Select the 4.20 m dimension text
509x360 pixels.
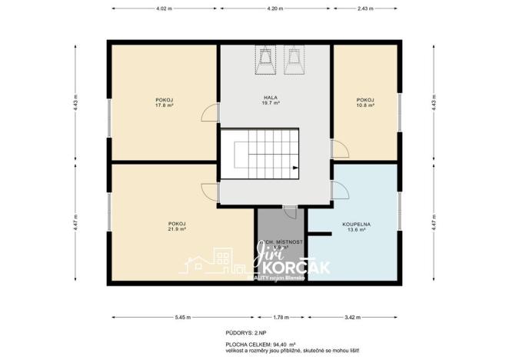(275, 8)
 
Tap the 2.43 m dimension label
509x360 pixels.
(364, 8)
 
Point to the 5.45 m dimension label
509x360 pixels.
(183, 316)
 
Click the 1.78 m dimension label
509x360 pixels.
(281, 316)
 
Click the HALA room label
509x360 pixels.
(271, 98)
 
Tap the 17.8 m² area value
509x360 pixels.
(164, 105)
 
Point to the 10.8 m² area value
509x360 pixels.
(365, 105)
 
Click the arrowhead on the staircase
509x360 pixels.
(294, 168)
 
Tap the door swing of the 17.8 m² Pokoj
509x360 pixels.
(209, 115)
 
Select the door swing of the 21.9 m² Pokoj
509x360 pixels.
(209, 192)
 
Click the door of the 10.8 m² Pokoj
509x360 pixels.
(337, 149)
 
